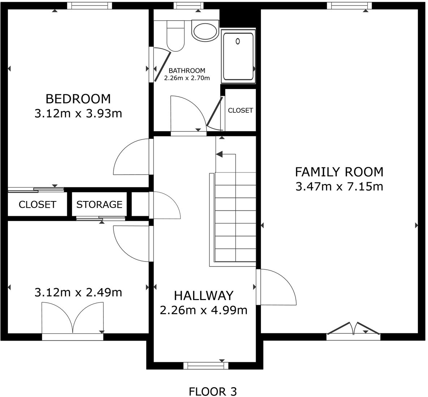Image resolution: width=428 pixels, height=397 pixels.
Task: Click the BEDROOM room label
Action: (78, 98)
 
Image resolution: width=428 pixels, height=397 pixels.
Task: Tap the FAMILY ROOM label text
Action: (339, 171)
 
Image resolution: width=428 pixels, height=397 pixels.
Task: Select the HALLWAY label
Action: (204, 295)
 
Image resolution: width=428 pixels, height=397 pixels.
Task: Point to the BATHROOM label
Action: (187, 71)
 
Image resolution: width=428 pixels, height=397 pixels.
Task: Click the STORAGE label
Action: (99, 205)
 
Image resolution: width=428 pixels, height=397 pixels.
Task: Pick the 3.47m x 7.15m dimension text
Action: (339, 187)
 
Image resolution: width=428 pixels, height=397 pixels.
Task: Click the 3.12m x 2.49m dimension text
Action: (78, 292)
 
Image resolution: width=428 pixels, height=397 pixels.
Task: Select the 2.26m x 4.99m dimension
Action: (204, 310)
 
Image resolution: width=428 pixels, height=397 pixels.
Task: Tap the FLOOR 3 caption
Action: (213, 391)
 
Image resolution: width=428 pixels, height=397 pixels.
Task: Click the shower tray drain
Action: (237, 41)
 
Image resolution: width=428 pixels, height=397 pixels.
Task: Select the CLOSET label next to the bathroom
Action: (240, 110)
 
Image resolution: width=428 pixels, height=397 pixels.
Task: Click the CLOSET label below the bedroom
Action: (37, 205)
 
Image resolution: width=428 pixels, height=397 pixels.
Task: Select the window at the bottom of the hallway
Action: (206, 366)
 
